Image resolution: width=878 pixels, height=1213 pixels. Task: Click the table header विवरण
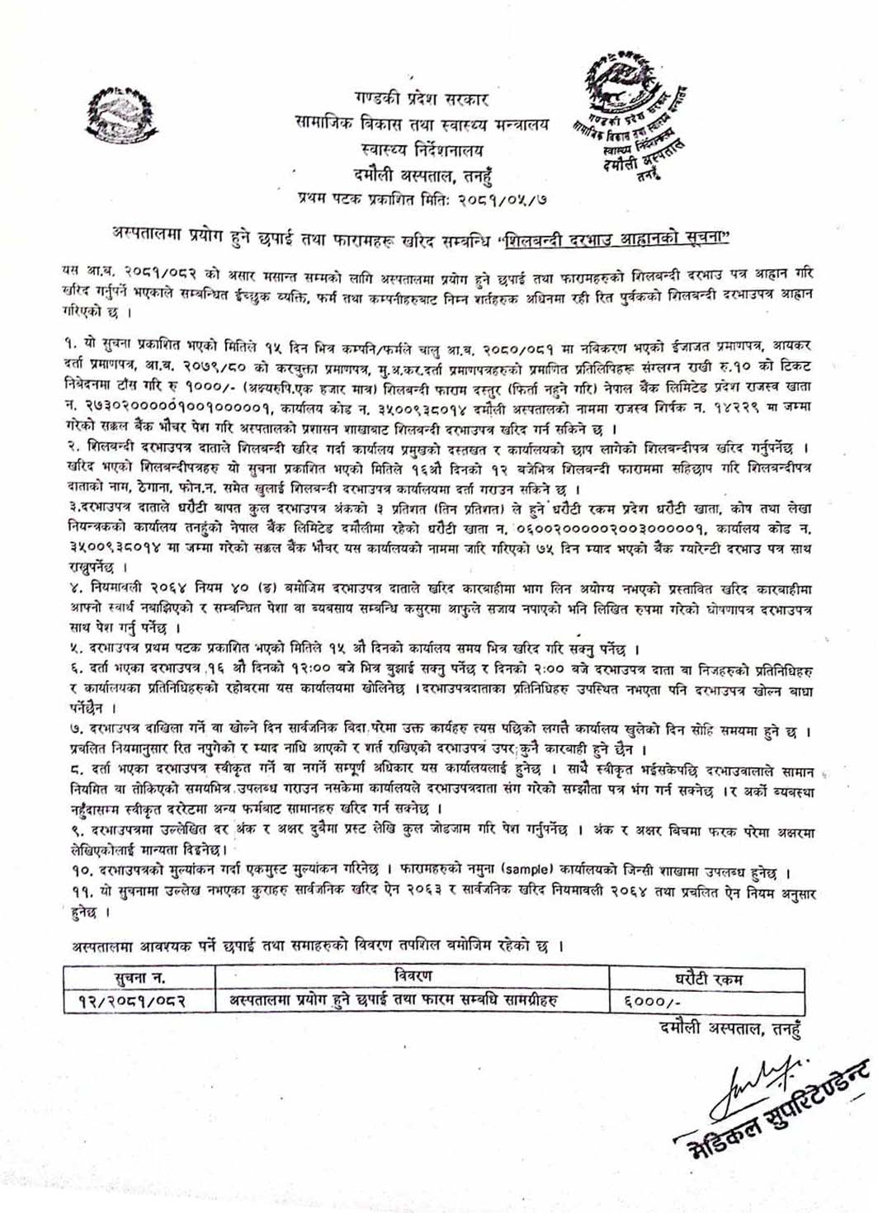click(413, 977)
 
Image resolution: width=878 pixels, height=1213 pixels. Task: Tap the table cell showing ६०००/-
click(657, 1002)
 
